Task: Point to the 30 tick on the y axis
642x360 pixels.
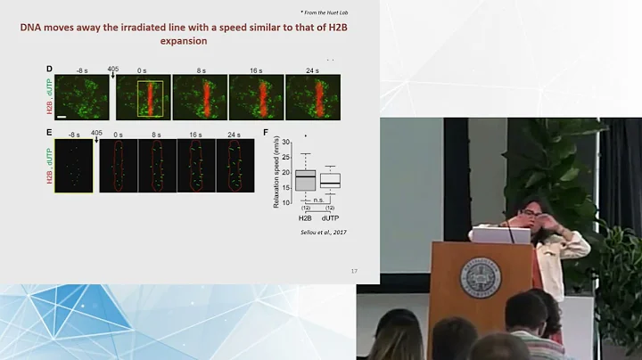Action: click(x=286, y=142)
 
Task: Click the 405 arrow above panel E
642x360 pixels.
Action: click(x=96, y=135)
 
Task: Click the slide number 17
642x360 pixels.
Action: click(x=354, y=271)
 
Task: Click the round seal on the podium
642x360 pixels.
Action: click(x=481, y=279)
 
